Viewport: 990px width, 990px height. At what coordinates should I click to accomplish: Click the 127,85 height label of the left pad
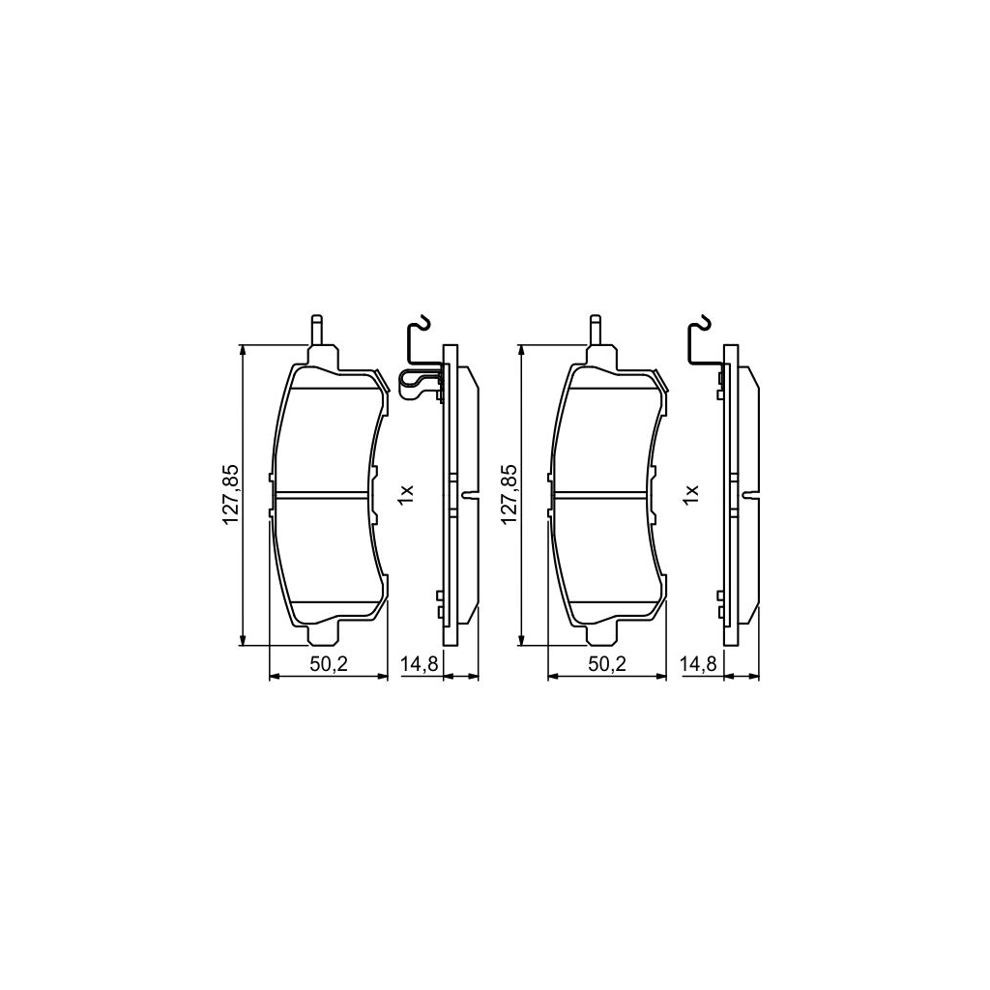point(231,495)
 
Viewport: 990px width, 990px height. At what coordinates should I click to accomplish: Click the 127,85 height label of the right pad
point(510,495)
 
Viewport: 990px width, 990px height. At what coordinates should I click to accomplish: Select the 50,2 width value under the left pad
point(327,663)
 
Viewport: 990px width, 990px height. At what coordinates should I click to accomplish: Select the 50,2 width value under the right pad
point(607,663)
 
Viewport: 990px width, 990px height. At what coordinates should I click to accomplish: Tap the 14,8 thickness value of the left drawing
point(420,663)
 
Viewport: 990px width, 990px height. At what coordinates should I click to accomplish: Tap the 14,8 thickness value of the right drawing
point(700,663)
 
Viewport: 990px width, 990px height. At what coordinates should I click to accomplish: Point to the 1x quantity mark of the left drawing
point(406,494)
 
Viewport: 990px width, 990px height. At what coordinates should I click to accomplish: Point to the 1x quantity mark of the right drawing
point(690,494)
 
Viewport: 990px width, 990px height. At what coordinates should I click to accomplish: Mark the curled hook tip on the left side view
point(423,324)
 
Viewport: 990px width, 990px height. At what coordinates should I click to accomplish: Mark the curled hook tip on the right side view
point(705,324)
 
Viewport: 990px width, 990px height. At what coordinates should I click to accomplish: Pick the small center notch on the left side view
point(470,496)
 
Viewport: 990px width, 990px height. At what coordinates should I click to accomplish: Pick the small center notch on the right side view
point(750,496)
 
